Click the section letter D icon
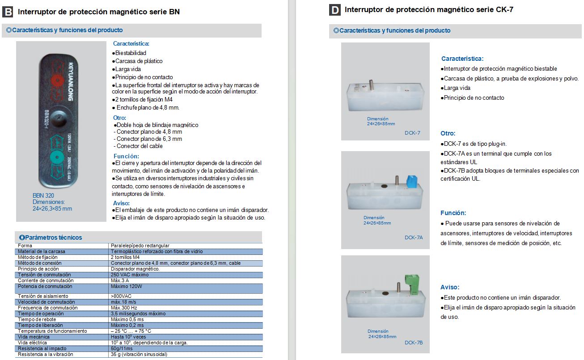point(334,10)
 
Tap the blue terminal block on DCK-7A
point(410,181)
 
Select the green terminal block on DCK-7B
point(411,283)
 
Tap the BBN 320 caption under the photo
point(43,195)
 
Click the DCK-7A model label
point(413,237)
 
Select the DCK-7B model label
point(413,343)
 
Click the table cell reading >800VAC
point(121,296)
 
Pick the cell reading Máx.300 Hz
point(124,308)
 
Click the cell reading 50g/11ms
point(122,348)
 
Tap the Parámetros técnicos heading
point(53,237)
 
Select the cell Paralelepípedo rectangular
point(140,246)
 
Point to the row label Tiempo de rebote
point(37,319)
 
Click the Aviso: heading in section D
point(449,287)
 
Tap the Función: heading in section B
point(126,156)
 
